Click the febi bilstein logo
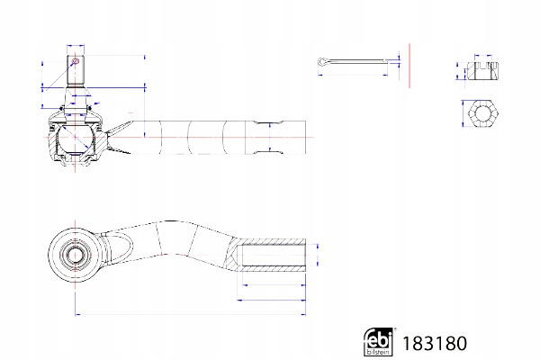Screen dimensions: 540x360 [379, 341]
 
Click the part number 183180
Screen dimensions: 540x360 [435, 344]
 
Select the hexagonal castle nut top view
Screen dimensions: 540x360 [482, 113]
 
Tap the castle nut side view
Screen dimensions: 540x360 [482, 71]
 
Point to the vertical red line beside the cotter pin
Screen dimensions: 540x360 [409, 66]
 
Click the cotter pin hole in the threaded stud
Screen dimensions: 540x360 [76, 62]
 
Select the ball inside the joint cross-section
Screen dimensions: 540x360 [76, 139]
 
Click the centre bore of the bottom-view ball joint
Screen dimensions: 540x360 [75, 255]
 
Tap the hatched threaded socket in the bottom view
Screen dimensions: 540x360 [268, 255]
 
